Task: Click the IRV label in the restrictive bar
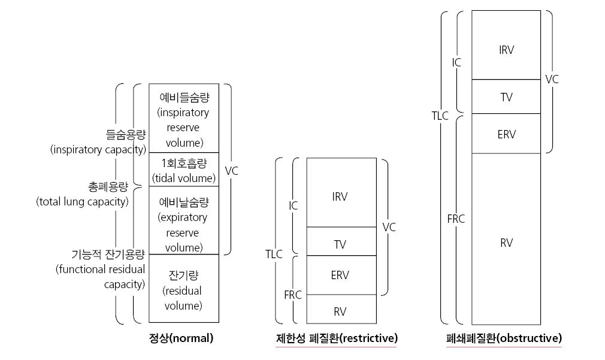[340, 197]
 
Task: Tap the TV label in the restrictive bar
[340, 244]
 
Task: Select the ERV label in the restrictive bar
[340, 275]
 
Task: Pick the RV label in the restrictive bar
[340, 311]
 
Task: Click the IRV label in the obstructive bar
[506, 50]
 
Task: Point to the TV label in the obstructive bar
[507, 97]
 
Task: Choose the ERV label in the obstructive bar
[507, 135]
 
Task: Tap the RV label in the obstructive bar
[507, 243]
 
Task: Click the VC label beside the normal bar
[231, 171]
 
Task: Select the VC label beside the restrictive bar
[389, 227]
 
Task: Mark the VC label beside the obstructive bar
[552, 80]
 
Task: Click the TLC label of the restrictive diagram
[274, 255]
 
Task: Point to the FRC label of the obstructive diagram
[456, 219]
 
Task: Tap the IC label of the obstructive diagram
[456, 62]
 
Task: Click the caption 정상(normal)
[181, 338]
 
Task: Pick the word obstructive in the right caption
[530, 338]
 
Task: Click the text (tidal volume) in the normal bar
[184, 179]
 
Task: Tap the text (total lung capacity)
[82, 202]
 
